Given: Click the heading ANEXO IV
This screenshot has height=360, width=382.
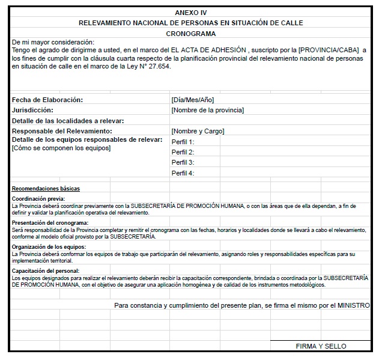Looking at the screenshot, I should tap(190, 13).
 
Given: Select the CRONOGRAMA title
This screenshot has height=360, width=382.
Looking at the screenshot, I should tap(190, 34).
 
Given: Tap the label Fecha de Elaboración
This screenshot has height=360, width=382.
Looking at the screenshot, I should tap(47, 100).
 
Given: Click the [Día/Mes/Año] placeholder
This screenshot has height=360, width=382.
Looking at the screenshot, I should tap(192, 100).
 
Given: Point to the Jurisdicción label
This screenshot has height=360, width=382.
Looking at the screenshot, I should tap(32, 110).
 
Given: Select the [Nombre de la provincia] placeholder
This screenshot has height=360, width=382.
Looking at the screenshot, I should tap(207, 110).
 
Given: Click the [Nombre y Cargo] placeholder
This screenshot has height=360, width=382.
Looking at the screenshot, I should tap(198, 131).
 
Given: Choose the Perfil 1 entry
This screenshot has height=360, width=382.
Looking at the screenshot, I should tap(183, 142).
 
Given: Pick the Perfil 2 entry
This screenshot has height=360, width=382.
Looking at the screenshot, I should tap(183, 152).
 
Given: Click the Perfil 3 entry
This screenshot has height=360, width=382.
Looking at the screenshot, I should tap(183, 162).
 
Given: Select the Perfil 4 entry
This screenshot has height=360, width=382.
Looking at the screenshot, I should tap(183, 173).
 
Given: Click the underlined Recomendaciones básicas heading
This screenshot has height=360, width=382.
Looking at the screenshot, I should tap(46, 189).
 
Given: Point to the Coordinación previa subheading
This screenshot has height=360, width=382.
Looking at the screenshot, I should tap(38, 199).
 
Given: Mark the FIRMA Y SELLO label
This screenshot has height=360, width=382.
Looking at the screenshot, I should tap(321, 346).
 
